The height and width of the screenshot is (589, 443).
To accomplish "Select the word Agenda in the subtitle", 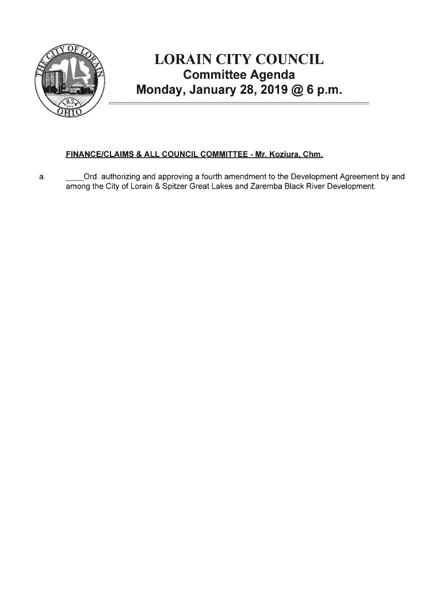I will pos(271,75).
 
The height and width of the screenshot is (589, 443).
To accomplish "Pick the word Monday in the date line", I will pos(160,90).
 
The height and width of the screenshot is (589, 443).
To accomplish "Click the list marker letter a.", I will pos(41,177).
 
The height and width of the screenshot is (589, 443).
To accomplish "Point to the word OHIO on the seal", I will pos(71,112).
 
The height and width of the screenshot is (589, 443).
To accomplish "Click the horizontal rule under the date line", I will pos(239,102).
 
